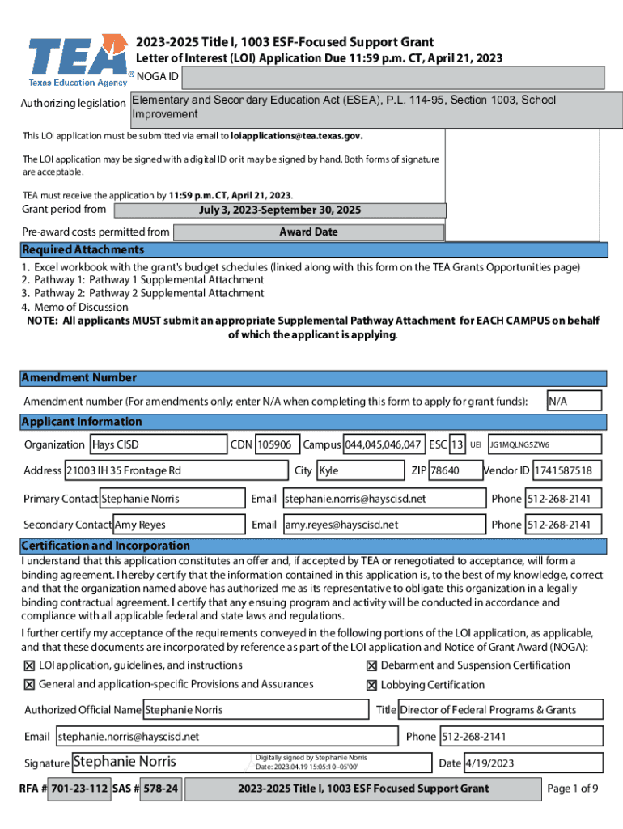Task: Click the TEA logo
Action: pos(77,61)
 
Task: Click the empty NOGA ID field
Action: pos(393,78)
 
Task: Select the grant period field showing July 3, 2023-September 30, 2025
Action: pos(280,210)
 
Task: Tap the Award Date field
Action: pos(309,232)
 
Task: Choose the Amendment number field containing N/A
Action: pos(574,401)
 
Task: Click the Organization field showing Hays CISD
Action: pos(158,444)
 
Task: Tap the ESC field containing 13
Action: pos(457,444)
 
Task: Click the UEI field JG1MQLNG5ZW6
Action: pos(545,444)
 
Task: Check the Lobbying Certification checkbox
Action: pos(371,685)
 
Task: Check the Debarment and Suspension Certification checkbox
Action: pos(371,665)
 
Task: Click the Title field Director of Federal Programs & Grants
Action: pos(499,710)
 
